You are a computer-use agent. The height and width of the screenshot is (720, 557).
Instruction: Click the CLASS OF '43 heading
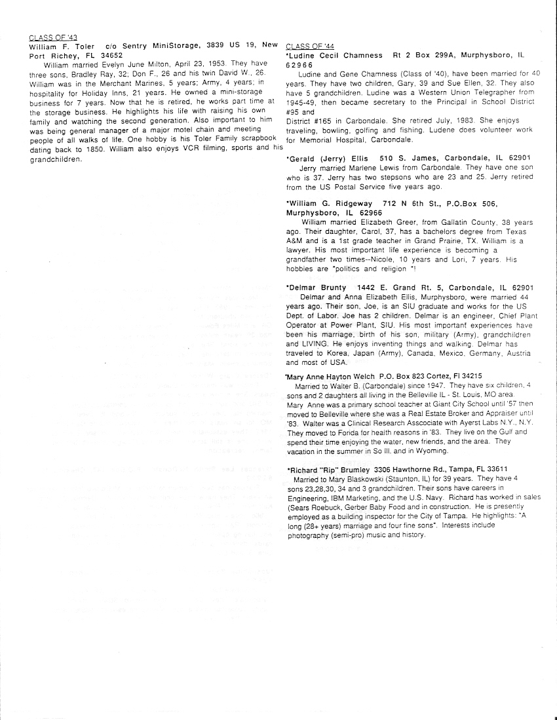(54, 37)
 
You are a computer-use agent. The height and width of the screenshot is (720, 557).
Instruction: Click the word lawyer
(301, 250)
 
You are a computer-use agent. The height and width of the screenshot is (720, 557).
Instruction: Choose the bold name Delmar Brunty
(318, 288)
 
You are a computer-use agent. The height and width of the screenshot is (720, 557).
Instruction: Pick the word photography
(310, 534)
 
